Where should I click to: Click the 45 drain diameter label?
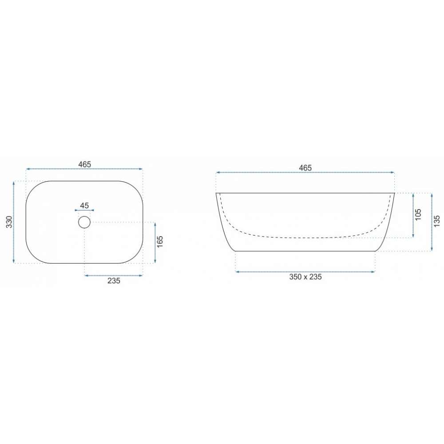[84, 205]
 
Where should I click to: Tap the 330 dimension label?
[9, 222]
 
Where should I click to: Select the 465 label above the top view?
[85, 164]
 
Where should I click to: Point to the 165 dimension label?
[160, 242]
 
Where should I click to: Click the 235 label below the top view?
[114, 281]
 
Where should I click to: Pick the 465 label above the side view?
[305, 168]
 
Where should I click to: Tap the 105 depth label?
[418, 214]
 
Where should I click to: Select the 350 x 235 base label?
[305, 277]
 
